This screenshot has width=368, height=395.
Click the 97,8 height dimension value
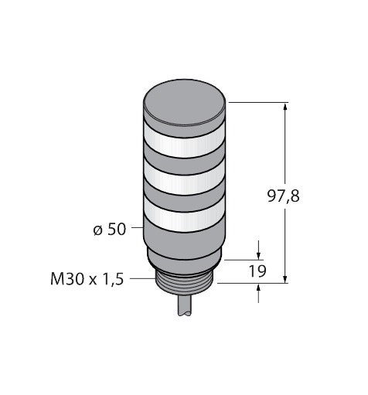[x=284, y=196]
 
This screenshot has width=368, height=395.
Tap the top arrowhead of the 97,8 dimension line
[x=287, y=107]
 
